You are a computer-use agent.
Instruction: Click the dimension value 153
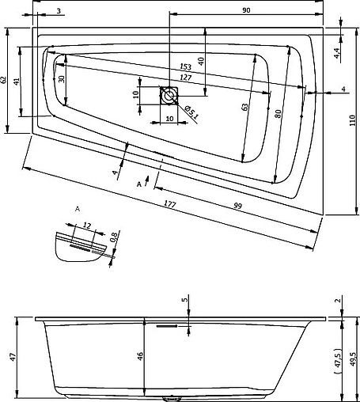point(185,66)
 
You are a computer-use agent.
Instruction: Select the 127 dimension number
point(186,78)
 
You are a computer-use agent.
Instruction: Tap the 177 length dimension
point(170,204)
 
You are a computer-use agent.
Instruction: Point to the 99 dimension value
point(238,206)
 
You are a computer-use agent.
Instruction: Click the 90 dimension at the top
point(246,10)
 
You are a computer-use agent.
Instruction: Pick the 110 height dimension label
point(353,120)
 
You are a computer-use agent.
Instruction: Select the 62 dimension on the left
point(3,80)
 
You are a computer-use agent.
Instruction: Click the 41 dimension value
point(17,82)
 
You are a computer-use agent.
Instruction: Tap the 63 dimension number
point(245,107)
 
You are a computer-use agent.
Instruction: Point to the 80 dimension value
point(279,114)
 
